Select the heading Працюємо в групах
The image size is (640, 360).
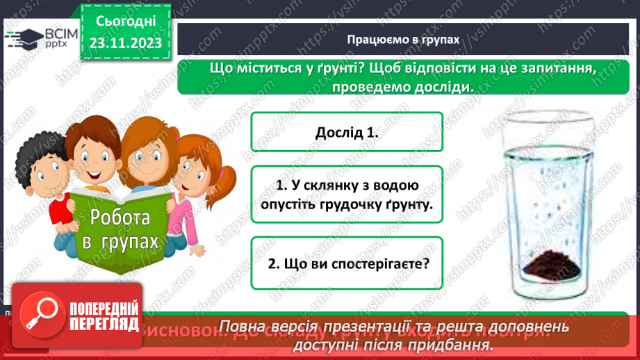404,40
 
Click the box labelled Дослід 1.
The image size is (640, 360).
346,132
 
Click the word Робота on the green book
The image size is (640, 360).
120,218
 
